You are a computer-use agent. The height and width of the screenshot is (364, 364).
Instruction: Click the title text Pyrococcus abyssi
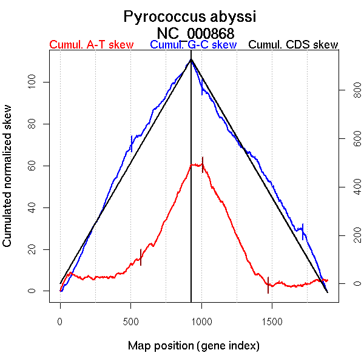tap(190, 16)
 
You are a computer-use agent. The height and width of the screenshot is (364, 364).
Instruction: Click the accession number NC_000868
tap(195, 33)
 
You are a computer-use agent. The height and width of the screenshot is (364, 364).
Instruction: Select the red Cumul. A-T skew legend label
tap(92, 45)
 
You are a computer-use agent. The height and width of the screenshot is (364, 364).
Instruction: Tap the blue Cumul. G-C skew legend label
tap(193, 45)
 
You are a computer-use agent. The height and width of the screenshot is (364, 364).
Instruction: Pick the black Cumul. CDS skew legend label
tap(294, 45)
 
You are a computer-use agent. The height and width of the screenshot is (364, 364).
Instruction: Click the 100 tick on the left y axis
tap(38, 82)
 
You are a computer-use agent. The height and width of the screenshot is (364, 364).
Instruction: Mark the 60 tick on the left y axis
tap(38, 166)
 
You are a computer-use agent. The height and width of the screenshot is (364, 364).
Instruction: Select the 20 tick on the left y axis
tap(38, 249)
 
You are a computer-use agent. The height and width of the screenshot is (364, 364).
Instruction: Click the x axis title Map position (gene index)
tap(194, 346)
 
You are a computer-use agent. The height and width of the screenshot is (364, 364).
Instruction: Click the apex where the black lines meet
tap(191, 59)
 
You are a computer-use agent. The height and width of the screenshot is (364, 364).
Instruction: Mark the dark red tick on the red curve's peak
tap(203, 164)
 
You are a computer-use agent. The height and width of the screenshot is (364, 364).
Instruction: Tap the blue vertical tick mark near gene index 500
tap(131, 144)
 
